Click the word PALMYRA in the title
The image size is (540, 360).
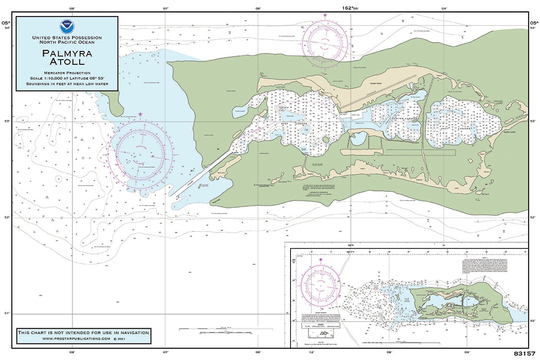67,52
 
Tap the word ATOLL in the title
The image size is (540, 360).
67,62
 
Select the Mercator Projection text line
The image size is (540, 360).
67,73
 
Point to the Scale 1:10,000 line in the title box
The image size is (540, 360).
67,78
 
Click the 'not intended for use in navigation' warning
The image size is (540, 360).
83,332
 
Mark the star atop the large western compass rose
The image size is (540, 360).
140,114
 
